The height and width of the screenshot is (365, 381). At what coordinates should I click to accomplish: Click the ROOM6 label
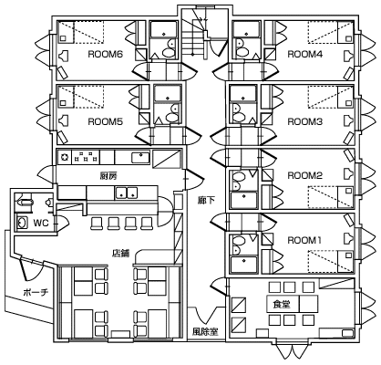105,55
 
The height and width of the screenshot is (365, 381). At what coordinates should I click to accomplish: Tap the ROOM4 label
304,55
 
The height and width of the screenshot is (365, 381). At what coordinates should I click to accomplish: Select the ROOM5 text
105,121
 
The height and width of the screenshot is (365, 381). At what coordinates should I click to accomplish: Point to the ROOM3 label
304,121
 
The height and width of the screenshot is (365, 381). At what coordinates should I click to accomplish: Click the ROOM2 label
304,175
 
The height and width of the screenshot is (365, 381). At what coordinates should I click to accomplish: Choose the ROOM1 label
304,240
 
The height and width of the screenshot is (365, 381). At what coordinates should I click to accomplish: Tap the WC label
41,224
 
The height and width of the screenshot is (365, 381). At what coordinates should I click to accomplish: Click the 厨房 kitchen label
108,175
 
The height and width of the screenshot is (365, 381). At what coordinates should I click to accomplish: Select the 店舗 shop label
121,253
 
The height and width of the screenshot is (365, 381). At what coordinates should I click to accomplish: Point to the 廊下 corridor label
206,200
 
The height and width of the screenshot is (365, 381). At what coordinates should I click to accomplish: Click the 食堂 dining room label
281,304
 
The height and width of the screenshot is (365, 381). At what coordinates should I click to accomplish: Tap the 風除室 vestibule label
205,331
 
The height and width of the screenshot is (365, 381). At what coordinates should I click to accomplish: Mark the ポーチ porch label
36,292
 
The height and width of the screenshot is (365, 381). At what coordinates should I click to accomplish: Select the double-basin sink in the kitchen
127,193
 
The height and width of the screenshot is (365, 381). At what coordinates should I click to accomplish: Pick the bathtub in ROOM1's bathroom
244,265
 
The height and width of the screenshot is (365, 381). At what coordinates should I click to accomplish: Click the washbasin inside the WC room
21,223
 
